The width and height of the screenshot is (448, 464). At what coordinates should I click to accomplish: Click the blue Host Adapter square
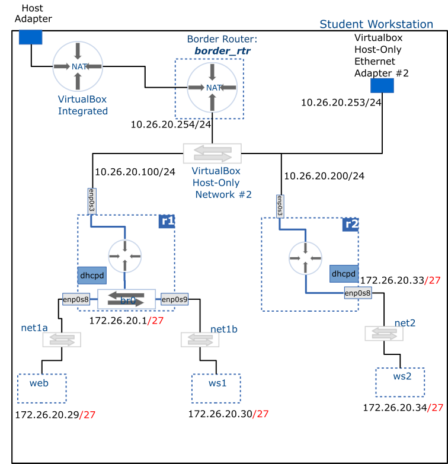30,37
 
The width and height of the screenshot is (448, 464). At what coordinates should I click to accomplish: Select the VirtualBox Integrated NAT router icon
78,66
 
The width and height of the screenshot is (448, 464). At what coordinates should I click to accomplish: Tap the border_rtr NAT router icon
212,88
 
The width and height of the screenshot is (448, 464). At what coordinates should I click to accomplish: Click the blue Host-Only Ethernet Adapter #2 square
382,85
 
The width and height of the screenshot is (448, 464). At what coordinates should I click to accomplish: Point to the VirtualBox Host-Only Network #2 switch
212,153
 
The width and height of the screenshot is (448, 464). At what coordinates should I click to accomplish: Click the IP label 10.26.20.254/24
171,124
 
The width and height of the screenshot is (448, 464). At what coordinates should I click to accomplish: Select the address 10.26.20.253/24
341,103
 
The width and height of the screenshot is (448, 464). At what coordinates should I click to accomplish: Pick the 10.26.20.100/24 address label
135,172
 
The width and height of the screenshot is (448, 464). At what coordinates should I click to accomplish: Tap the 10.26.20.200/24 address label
324,176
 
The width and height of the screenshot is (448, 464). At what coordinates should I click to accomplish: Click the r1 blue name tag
167,221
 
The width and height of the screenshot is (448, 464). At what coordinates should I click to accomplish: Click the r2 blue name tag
351,224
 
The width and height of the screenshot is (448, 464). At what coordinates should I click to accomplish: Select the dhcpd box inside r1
92,275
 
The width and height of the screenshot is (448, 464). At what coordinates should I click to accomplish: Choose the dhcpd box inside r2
344,274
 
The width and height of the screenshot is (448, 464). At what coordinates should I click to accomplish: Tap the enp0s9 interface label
174,300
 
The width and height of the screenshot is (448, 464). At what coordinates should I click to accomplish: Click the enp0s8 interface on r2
358,293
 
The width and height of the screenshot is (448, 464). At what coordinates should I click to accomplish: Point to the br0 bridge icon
126,300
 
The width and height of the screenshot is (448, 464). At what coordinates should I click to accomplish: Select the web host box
41,388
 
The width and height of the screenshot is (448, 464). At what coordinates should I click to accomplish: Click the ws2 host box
400,382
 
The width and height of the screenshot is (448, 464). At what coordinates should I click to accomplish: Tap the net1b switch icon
200,340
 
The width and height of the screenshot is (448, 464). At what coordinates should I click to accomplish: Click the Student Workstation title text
376,24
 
